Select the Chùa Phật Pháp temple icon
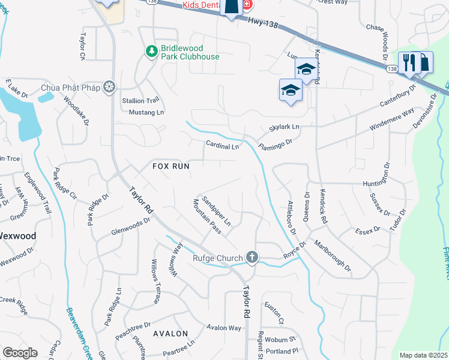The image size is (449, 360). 109,88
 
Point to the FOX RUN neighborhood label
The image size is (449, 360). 171,166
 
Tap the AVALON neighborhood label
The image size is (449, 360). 170,333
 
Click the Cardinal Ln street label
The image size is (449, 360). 223,145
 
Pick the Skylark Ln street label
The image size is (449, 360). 284,127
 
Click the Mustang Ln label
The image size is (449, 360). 143,112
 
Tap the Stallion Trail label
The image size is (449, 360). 140,100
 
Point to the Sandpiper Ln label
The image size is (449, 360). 216,210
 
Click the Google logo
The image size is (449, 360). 20,353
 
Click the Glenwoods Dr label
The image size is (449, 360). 131,226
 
